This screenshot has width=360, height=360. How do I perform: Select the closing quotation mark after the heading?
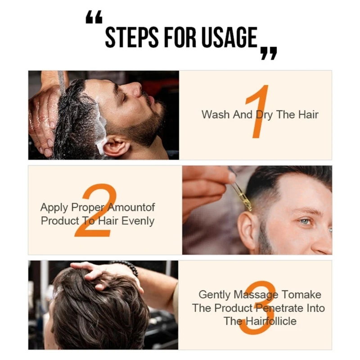click(269, 52)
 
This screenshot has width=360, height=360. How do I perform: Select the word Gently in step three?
click(215, 295)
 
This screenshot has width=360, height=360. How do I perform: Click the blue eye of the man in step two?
click(305, 221)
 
